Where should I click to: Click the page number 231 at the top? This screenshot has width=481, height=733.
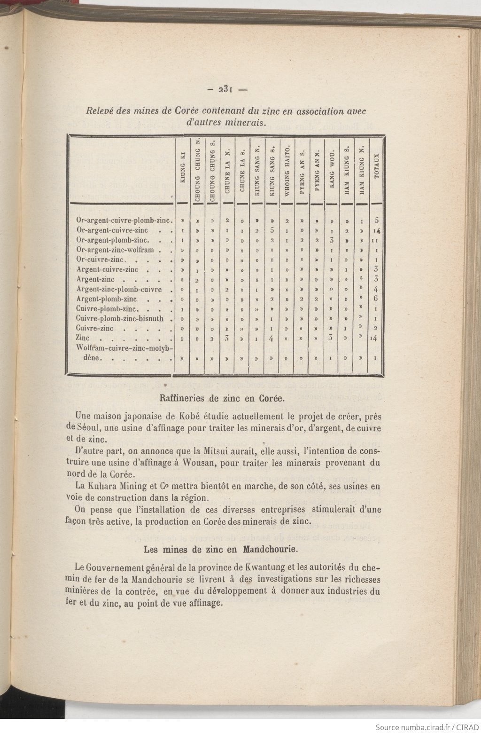click(223, 89)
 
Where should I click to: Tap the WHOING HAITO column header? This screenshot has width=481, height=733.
click(287, 165)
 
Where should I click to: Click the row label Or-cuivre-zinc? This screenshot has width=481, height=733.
click(101, 260)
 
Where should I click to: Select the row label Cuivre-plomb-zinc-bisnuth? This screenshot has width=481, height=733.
click(120, 318)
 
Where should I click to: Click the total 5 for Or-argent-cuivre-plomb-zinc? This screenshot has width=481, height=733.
click(376, 220)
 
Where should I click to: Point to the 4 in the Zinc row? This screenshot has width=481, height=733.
click(272, 338)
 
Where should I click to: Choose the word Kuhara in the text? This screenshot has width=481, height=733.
click(105, 486)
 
